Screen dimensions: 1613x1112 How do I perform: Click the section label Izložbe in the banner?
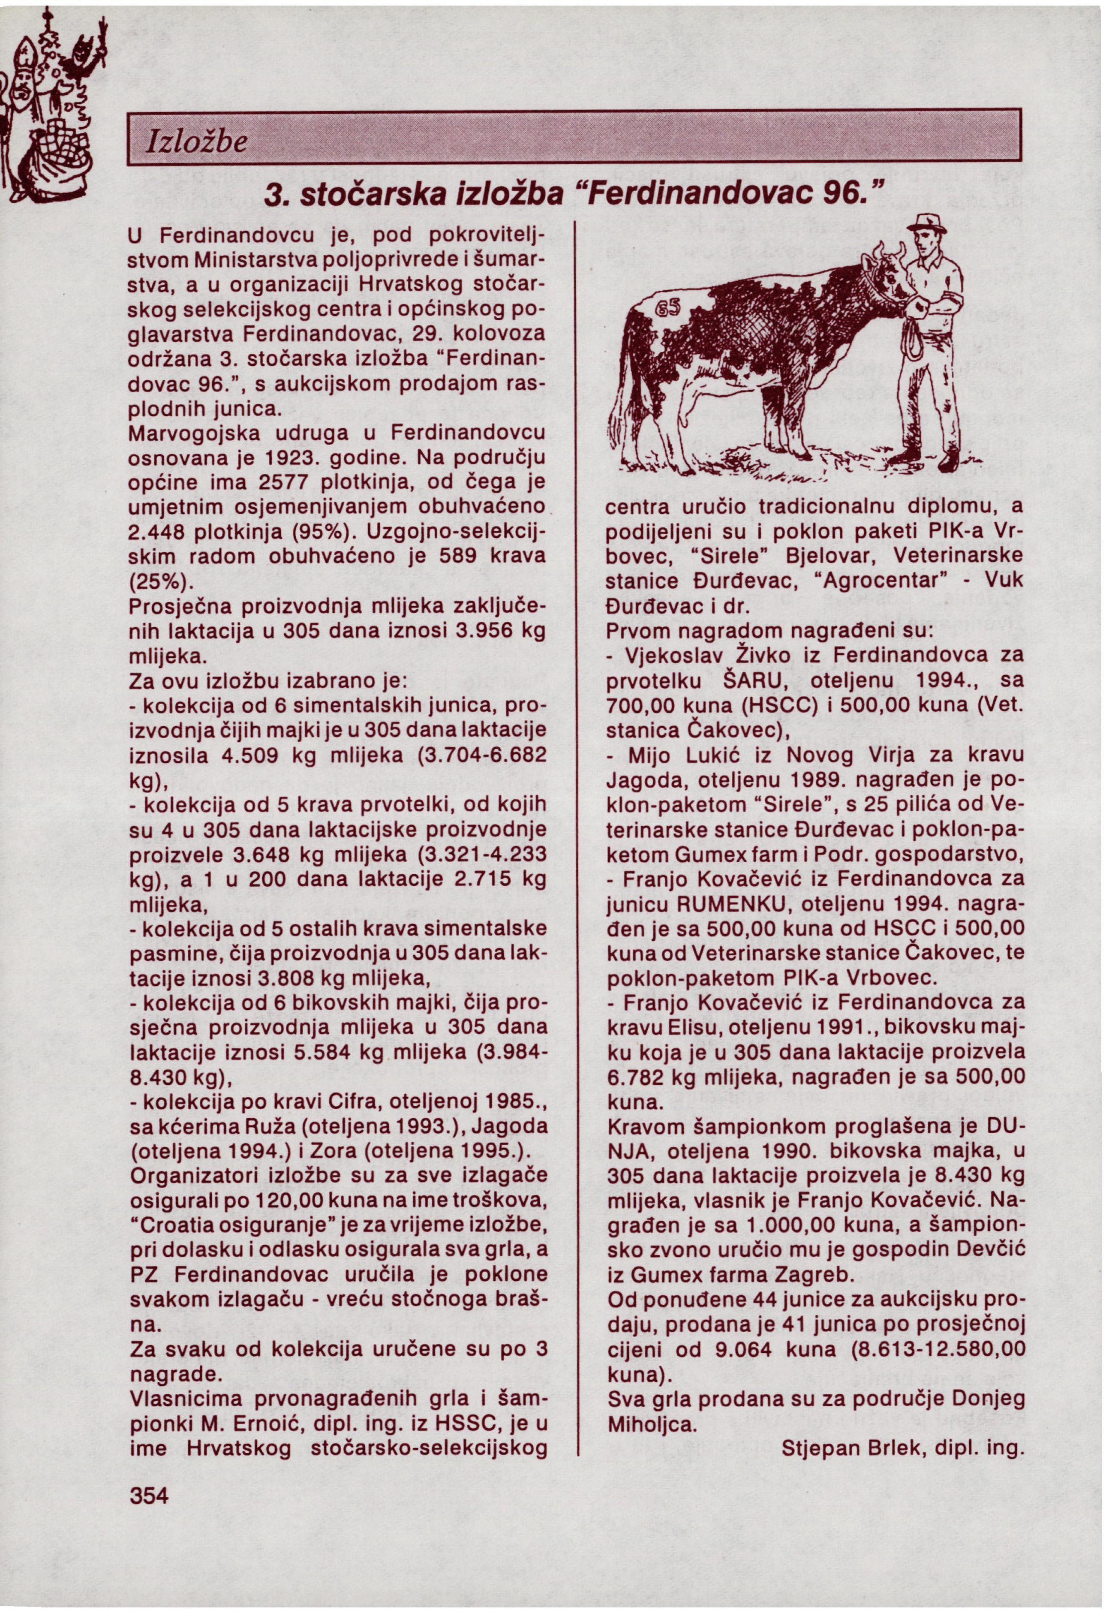pos(194,143)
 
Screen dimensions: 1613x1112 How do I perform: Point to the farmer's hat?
pos(925,224)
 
